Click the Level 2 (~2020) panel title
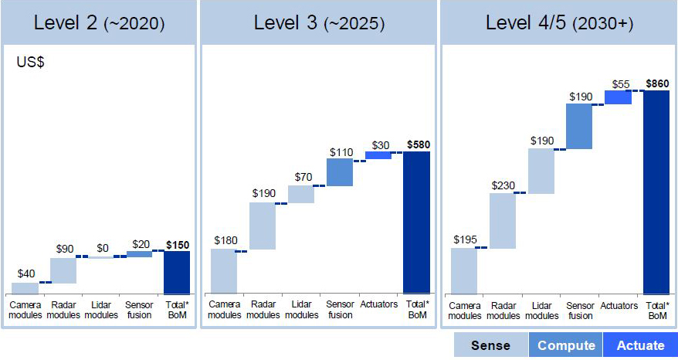(x=99, y=22)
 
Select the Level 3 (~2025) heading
(x=319, y=22)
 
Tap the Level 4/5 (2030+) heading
(x=559, y=22)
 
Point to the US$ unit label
(x=31, y=63)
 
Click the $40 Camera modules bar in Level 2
(x=25, y=288)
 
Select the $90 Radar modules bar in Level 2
(x=63, y=270)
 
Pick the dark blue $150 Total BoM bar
(x=177, y=272)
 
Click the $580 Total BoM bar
(x=416, y=222)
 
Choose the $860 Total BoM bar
(x=656, y=192)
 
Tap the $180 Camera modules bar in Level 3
(x=224, y=271)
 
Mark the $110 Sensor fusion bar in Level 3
(x=340, y=172)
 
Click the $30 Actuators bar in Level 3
(x=378, y=155)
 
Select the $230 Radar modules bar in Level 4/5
(x=503, y=221)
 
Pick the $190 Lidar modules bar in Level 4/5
(x=541, y=171)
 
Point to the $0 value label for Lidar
(x=102, y=248)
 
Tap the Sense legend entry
(x=490, y=345)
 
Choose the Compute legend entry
(x=566, y=345)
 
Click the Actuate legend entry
(x=641, y=345)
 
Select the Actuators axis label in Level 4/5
(x=619, y=306)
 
